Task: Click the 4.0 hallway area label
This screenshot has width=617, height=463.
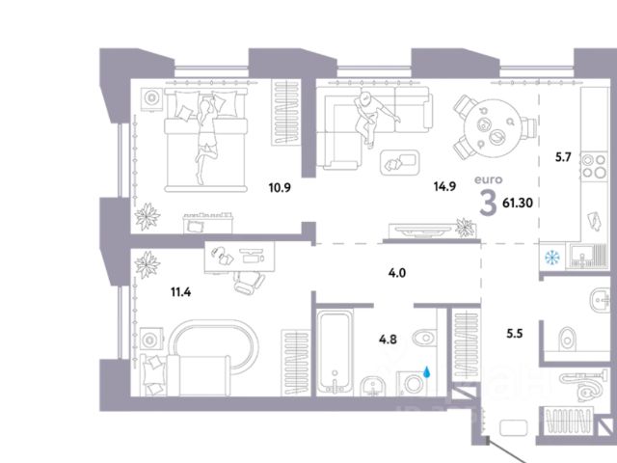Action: click(395, 274)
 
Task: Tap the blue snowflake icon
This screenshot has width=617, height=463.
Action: click(552, 259)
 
